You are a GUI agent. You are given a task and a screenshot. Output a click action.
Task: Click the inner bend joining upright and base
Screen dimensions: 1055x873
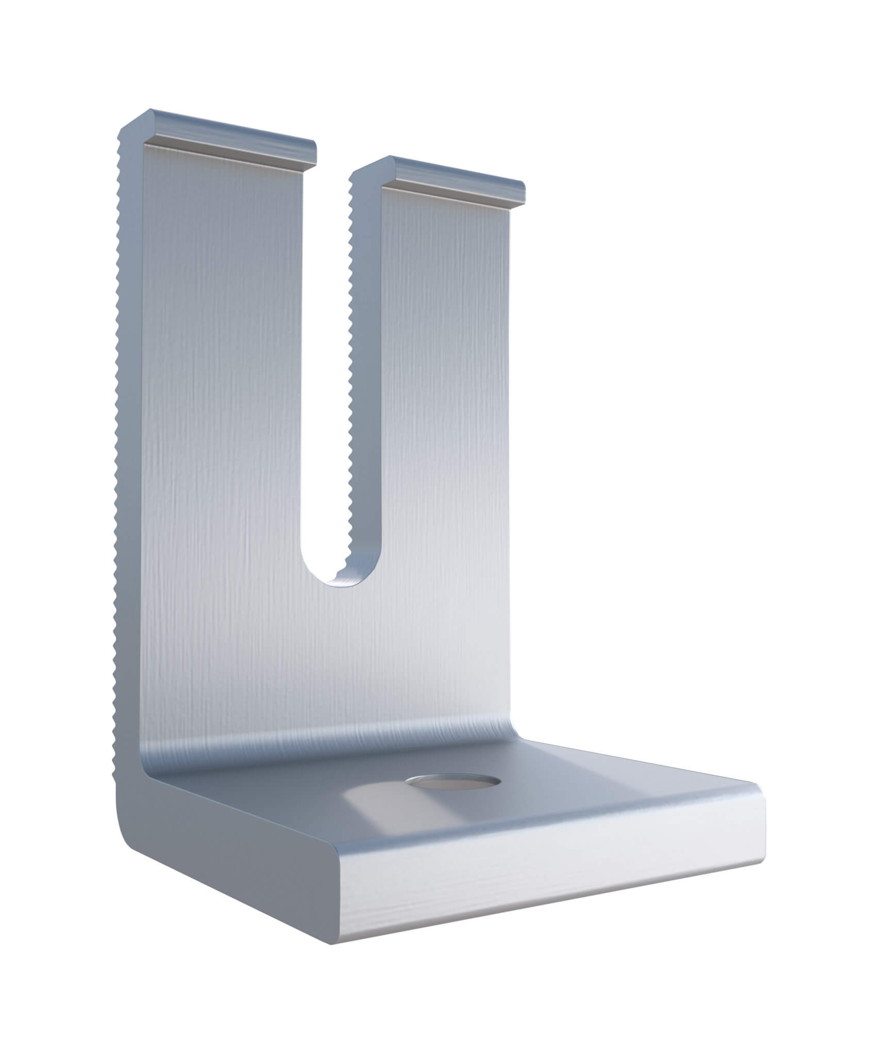pos(330,742)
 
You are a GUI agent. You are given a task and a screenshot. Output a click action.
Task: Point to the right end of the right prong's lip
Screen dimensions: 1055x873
pos(522,196)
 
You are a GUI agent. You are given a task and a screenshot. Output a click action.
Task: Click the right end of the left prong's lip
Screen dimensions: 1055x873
pos(313,150)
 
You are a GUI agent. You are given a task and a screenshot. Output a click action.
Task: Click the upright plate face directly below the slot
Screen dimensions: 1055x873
pos(340,659)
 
